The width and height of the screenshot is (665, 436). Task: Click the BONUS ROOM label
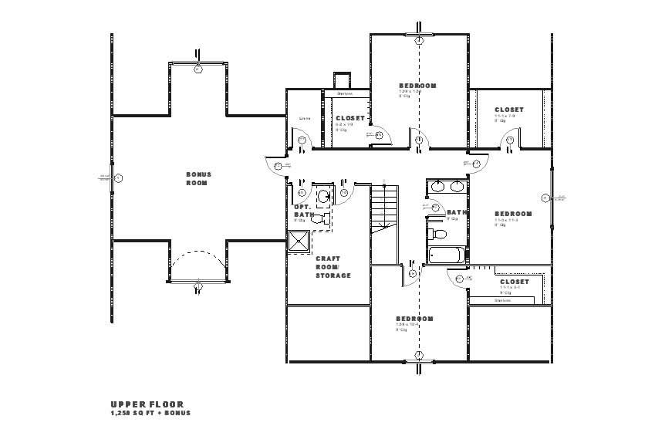click(x=198, y=178)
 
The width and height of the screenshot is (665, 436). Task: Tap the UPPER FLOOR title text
click(x=147, y=404)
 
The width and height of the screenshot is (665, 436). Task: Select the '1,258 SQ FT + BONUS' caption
click(x=150, y=413)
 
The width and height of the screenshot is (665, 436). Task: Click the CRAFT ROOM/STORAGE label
click(x=332, y=267)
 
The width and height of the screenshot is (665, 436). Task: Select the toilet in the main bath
click(x=437, y=232)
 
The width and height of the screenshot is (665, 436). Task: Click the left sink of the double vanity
click(x=437, y=186)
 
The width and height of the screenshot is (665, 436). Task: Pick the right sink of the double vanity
click(x=457, y=186)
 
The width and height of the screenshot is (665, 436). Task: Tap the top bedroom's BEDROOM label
click(x=417, y=85)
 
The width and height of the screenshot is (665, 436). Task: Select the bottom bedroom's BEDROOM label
click(x=414, y=319)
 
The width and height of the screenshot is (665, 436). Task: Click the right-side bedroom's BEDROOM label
click(x=513, y=214)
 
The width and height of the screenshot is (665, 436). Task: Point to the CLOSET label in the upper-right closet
click(x=508, y=110)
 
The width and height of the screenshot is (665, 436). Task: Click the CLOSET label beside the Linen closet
click(x=349, y=118)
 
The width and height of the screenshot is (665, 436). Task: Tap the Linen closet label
click(x=304, y=118)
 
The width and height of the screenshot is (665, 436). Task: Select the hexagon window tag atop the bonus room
click(x=198, y=69)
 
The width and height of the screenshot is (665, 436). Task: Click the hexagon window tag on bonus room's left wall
click(x=119, y=178)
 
